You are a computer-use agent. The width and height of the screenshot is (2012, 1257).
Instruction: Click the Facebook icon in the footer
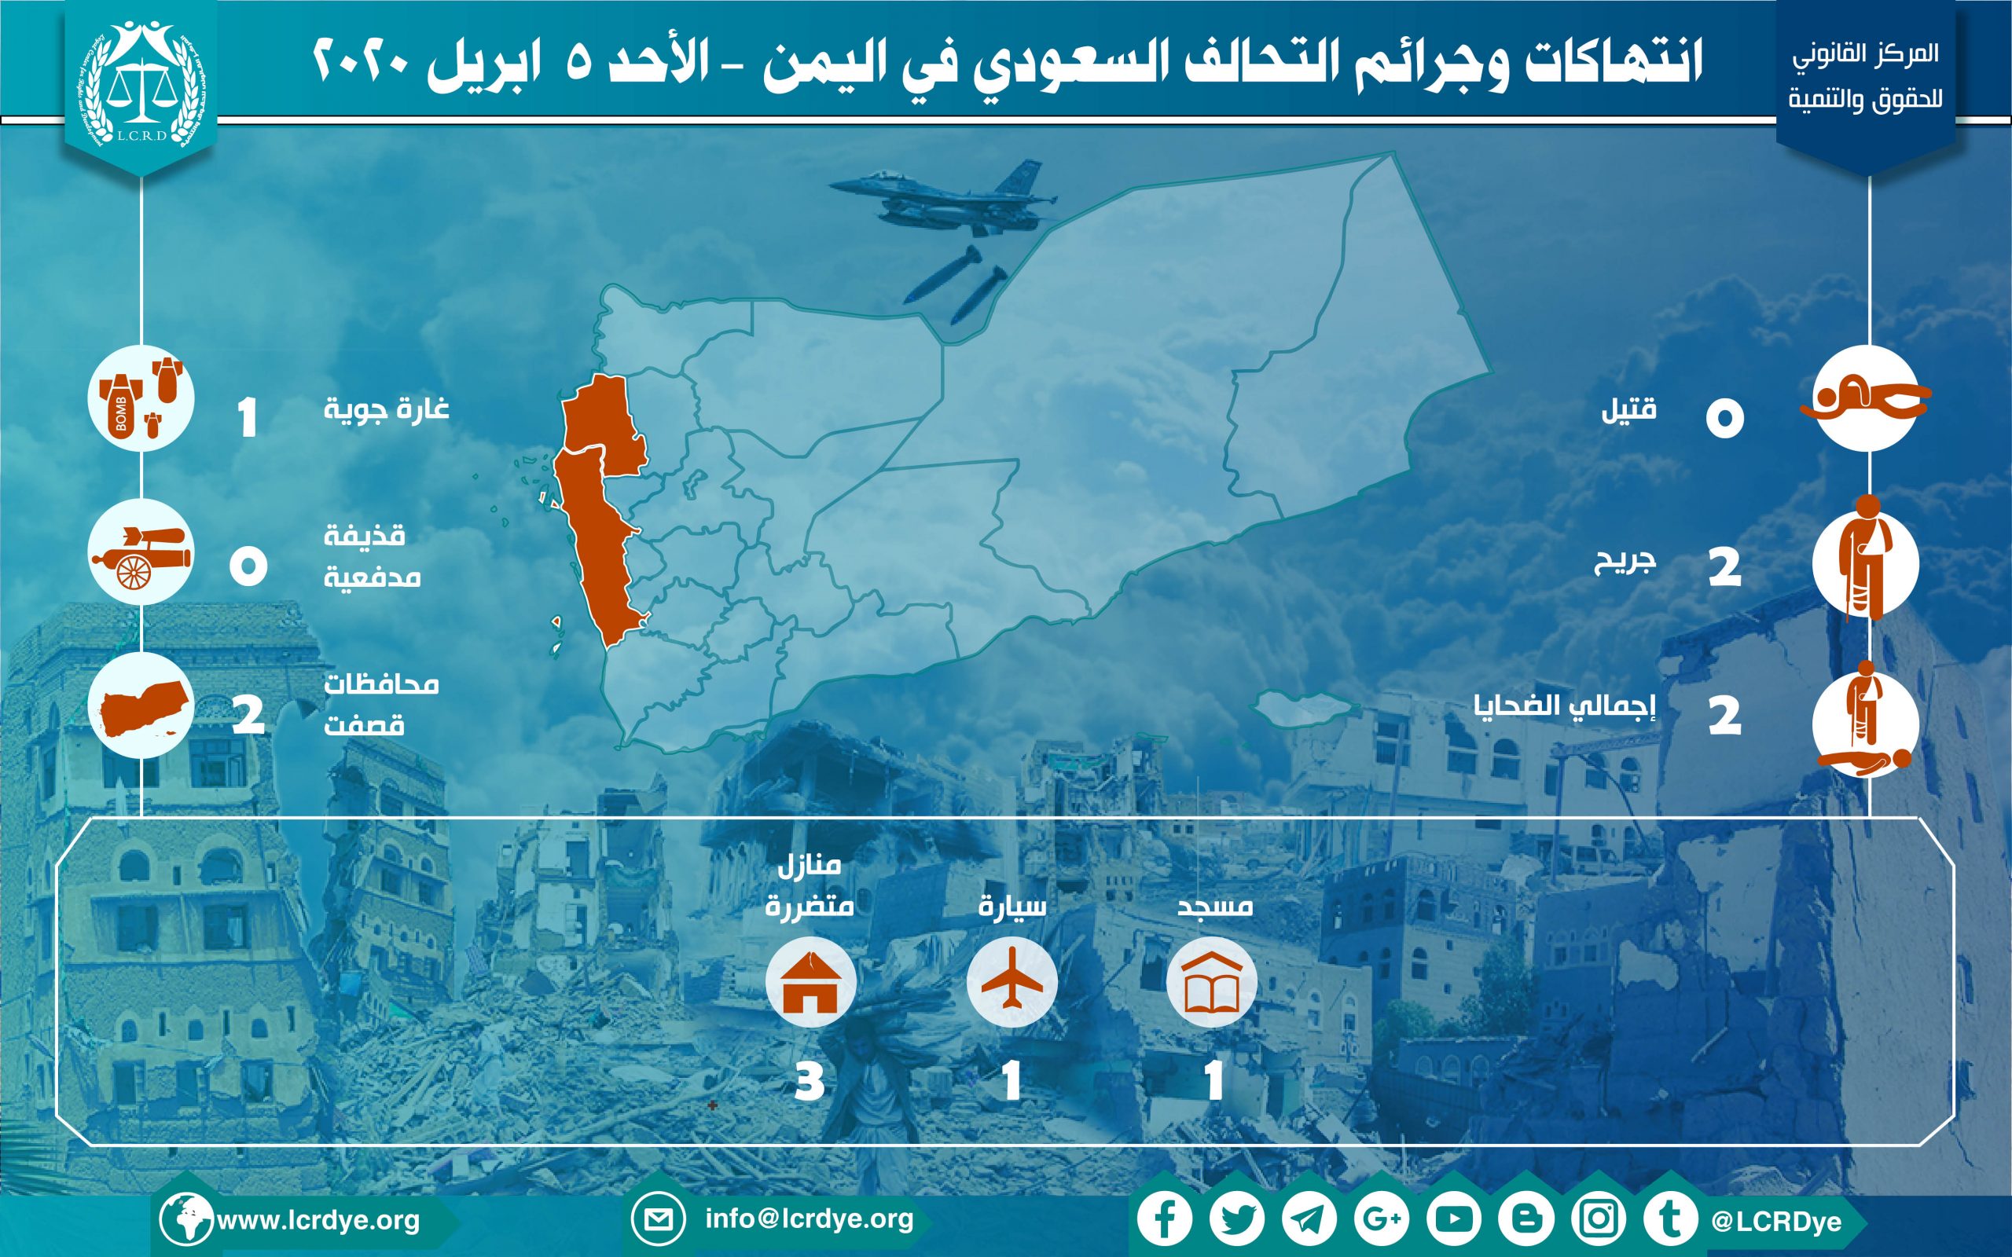point(1165,1219)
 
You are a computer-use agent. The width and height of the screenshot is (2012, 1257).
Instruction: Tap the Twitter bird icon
point(1237,1219)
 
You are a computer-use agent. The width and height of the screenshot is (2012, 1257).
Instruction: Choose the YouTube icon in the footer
point(1453,1219)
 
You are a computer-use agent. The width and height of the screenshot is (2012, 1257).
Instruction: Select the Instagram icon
point(1598,1219)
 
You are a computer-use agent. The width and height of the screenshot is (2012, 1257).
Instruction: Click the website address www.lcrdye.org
point(318,1220)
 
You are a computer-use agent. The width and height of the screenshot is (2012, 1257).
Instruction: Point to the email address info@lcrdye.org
point(809,1219)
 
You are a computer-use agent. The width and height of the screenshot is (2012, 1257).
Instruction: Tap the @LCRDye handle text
point(1776,1221)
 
